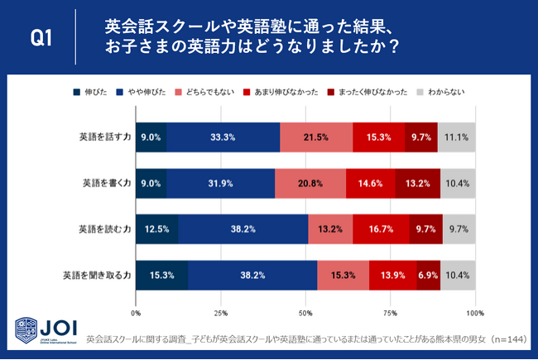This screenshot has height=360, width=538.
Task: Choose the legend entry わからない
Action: point(448,93)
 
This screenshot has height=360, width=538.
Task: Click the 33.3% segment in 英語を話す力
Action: point(223,137)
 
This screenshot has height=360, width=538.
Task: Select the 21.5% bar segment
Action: point(316,137)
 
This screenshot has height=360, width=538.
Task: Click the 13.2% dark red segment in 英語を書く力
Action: point(417,183)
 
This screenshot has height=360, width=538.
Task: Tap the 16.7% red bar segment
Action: point(381,228)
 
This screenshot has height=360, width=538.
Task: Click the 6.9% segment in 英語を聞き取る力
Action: point(428,274)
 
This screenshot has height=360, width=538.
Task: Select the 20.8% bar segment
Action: point(310,183)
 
